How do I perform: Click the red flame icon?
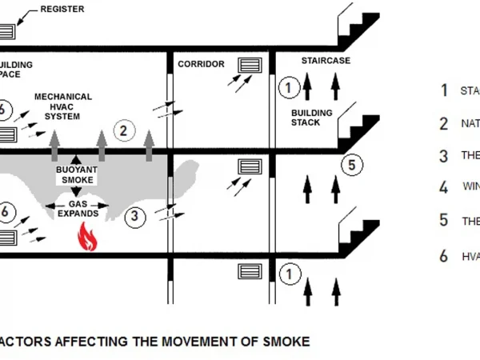[86, 238]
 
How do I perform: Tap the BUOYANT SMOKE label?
[77, 175]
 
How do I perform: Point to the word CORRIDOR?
[201, 64]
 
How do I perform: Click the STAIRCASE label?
[326, 61]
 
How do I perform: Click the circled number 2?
[123, 130]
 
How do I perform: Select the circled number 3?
[135, 215]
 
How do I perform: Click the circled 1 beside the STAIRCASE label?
[289, 86]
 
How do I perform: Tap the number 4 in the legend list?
[444, 187]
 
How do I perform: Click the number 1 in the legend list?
[444, 90]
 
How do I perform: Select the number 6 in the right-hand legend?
[444, 256]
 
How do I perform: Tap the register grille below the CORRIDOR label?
[250, 65]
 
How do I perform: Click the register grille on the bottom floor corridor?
[250, 271]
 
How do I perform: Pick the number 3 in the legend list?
[444, 155]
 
